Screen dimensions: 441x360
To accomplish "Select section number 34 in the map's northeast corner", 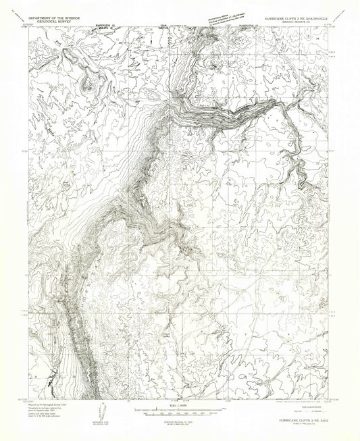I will click(317, 40).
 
